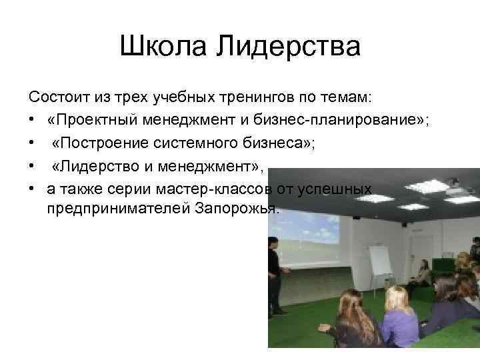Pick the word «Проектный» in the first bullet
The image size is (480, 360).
point(91,121)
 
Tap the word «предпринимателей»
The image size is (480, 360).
point(119,209)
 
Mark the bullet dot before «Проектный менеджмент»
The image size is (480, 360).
point(33,121)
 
